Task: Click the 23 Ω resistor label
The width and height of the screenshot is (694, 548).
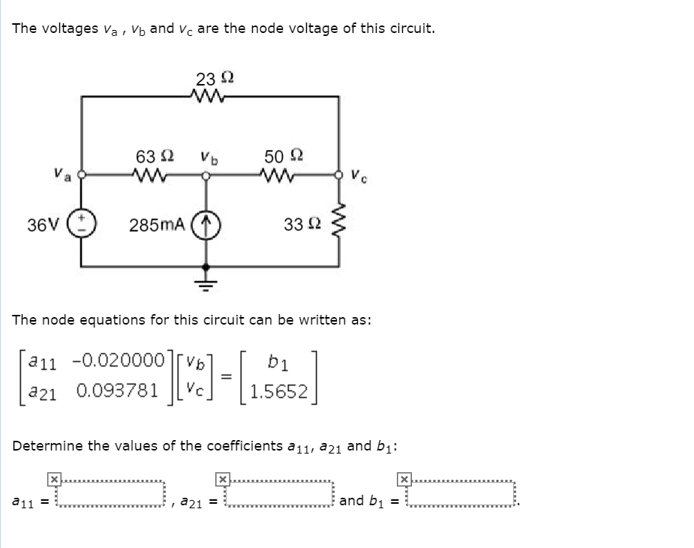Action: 215,79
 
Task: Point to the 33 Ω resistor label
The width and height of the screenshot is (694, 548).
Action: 303,224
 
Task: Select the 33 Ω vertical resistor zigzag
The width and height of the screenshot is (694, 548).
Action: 340,223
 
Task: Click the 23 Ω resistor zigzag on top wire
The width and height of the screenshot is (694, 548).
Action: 210,96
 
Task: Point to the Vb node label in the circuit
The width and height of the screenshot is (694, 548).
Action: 209,157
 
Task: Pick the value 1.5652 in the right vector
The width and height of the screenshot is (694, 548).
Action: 279,391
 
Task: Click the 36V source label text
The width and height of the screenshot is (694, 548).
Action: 41,225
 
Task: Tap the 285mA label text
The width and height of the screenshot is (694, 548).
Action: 157,225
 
